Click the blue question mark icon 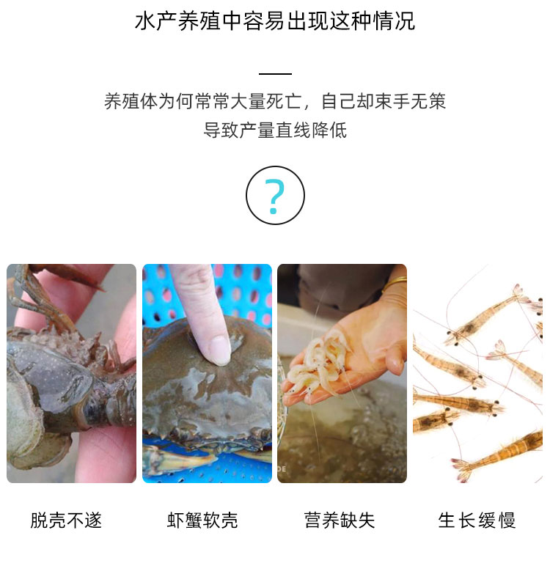275,196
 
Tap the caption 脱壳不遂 67,520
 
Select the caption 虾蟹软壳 202,520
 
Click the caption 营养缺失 340,520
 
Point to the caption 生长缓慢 477,520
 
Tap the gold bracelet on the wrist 395,282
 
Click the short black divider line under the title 275,74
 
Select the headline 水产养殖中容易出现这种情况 275,21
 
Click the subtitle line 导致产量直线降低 275,130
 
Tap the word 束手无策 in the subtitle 411,101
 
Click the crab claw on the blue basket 180,459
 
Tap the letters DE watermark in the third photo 282,468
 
